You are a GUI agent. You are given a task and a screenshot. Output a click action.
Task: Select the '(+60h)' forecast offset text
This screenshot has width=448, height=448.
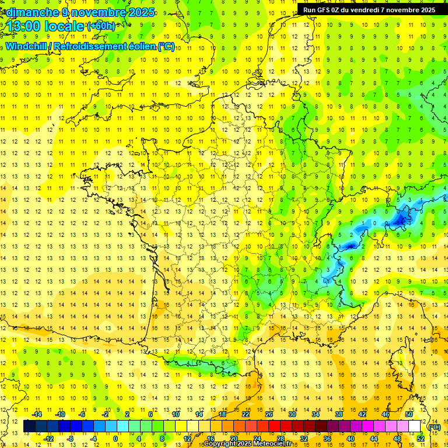click(101, 26)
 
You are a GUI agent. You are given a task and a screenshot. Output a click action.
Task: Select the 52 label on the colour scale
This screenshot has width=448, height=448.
click(421, 439)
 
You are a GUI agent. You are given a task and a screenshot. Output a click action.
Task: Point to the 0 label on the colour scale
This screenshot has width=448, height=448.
click(116, 439)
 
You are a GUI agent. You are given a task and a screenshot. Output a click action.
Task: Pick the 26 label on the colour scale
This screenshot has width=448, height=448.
click(269, 414)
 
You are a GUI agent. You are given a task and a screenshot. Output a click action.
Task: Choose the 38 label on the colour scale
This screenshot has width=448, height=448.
click(338, 414)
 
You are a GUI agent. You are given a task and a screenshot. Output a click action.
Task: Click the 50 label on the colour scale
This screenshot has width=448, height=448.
click(409, 414)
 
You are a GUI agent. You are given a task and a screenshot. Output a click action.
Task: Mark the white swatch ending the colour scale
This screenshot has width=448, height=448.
click(415, 426)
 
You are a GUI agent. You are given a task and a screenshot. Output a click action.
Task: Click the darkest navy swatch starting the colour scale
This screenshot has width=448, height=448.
click(29, 426)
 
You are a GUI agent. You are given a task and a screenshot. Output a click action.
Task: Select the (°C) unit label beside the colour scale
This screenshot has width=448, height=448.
click(435, 426)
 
